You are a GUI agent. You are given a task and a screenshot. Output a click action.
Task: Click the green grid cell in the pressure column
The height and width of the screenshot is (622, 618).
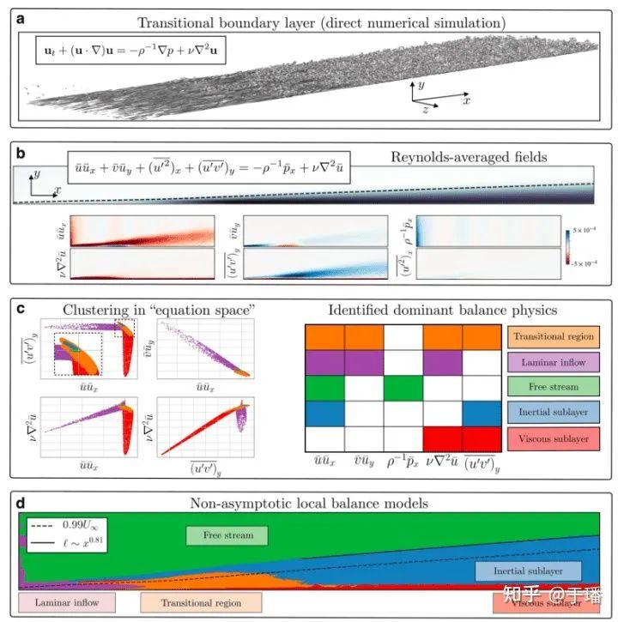403,393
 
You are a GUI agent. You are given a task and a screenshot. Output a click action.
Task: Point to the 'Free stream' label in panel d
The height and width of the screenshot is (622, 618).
227,535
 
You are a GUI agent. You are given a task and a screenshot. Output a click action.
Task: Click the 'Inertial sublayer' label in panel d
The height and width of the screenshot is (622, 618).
528,570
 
